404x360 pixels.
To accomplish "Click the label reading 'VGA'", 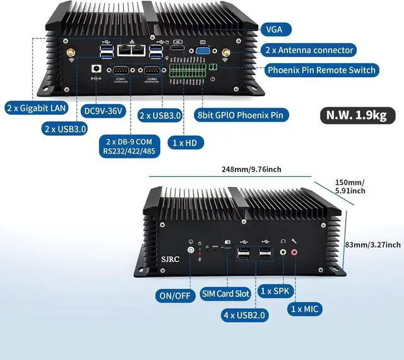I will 275,28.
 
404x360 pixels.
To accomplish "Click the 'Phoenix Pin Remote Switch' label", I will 321,70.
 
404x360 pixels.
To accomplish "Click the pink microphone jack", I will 294,252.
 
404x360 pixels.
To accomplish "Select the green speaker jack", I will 283,252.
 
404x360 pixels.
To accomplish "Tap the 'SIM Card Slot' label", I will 226,292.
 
